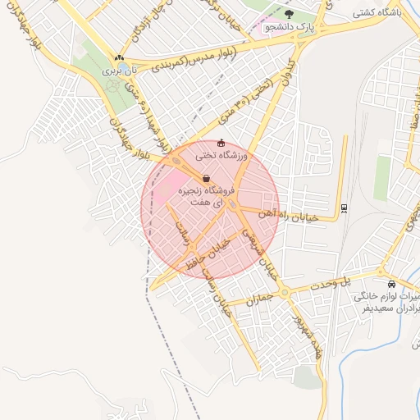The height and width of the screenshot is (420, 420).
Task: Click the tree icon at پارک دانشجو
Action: (x=288, y=14)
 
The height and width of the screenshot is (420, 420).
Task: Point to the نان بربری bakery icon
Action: (x=120, y=58)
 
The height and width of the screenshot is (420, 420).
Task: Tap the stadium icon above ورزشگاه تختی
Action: (x=221, y=142)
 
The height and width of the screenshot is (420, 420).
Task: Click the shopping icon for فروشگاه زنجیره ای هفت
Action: (x=205, y=178)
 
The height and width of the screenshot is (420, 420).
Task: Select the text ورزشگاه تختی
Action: (x=221, y=154)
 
